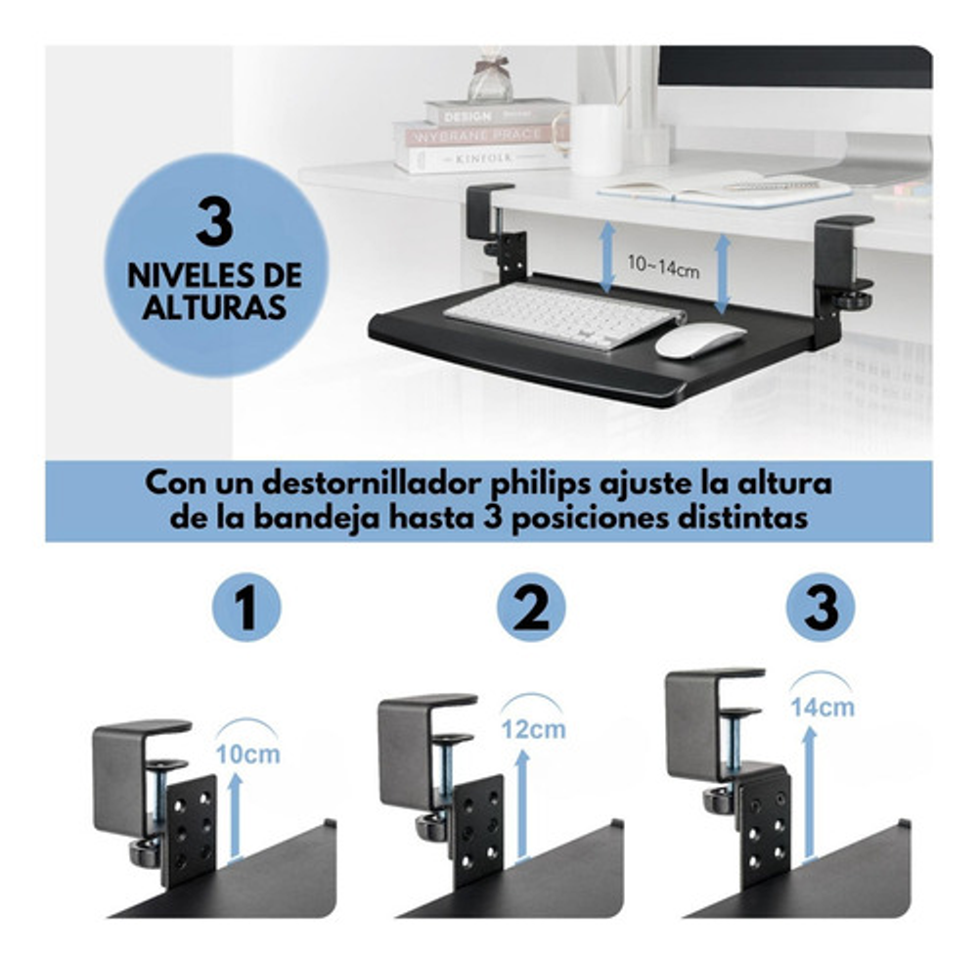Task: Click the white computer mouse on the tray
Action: (x=700, y=341)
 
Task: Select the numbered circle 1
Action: (x=247, y=607)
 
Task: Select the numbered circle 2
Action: (x=531, y=607)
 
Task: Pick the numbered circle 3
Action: (x=821, y=607)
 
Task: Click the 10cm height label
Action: (x=247, y=754)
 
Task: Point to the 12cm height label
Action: (x=533, y=729)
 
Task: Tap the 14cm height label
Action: (x=822, y=708)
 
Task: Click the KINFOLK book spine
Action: (x=481, y=160)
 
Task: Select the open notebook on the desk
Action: (x=724, y=189)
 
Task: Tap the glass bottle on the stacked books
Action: (x=490, y=80)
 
